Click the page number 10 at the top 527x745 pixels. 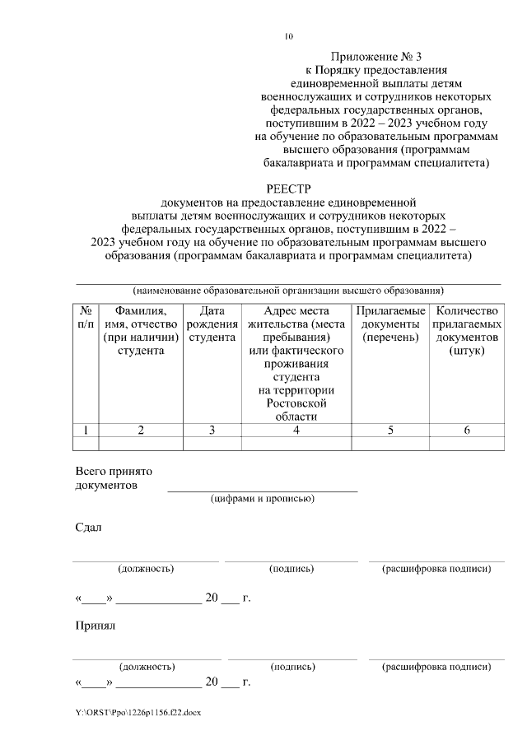tap(288, 36)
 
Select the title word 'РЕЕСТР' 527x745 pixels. tap(288, 189)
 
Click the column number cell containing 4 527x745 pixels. tap(296, 430)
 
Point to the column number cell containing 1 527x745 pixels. tap(86, 430)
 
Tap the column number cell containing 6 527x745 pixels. tap(467, 430)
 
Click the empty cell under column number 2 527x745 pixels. tap(140, 444)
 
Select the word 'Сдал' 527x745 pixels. tap(88, 528)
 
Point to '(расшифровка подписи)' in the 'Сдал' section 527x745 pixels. tap(437, 569)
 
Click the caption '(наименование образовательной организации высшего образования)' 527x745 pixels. tap(288, 291)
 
